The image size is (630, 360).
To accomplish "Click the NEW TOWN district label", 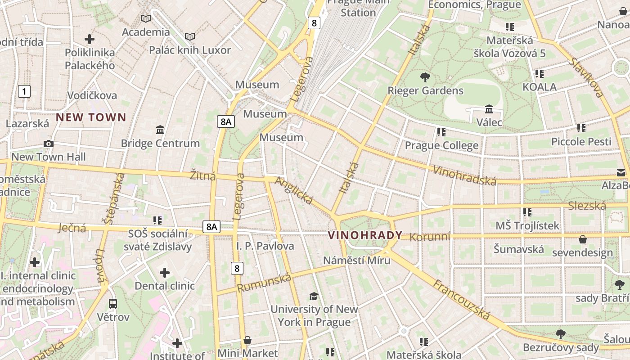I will (x=91, y=117).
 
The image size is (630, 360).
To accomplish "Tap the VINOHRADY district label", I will (x=365, y=235).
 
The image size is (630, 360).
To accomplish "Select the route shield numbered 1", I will (x=24, y=92).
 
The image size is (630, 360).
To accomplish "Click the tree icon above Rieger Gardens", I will (x=425, y=77).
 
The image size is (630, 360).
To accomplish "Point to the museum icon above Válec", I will (x=489, y=109).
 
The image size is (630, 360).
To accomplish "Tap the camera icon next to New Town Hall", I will (x=49, y=144).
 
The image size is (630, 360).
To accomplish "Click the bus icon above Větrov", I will (x=113, y=304).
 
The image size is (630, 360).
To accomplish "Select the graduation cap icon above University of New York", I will (x=314, y=296).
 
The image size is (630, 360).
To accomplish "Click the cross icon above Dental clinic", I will (x=165, y=273).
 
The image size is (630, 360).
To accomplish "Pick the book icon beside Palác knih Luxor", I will (x=190, y=37).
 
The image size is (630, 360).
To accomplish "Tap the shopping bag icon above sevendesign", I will (x=583, y=239).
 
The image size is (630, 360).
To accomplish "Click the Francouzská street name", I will (x=461, y=299).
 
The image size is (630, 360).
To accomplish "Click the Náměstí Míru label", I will (x=357, y=260).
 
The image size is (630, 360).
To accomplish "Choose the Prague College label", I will (x=441, y=145).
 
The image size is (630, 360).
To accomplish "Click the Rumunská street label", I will (x=264, y=283).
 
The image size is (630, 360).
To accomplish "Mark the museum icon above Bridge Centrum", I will (x=160, y=130).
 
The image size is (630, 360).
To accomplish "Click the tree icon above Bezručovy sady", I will (x=560, y=334).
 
